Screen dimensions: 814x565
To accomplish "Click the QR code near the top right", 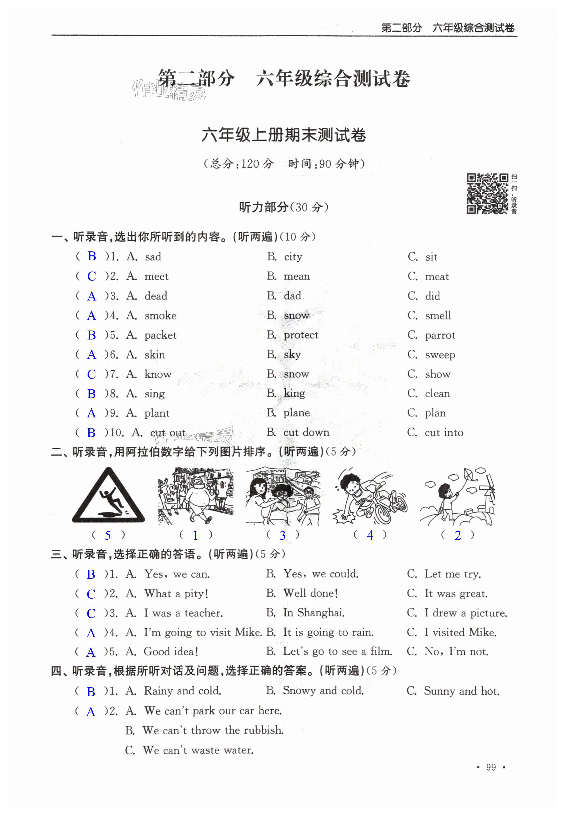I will pyautogui.click(x=487, y=193).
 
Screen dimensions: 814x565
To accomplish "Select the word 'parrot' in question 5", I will pyautogui.click(x=440, y=335).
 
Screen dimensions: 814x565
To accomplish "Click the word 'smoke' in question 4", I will pyautogui.click(x=160, y=315).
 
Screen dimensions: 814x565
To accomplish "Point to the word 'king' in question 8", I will pyautogui.click(x=294, y=394).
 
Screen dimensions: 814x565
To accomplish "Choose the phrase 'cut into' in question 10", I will pyautogui.click(x=444, y=433).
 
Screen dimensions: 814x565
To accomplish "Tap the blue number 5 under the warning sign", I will pyautogui.click(x=108, y=536).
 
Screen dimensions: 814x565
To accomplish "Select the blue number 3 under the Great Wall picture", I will pyautogui.click(x=283, y=536).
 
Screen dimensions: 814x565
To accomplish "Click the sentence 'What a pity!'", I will pyautogui.click(x=176, y=594).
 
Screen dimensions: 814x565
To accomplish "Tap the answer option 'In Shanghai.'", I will pyautogui.click(x=314, y=613).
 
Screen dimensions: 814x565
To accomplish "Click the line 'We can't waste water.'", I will pyautogui.click(x=198, y=750).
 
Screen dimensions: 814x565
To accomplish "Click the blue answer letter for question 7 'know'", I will pyautogui.click(x=91, y=374).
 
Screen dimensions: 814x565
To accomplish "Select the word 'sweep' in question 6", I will pyautogui.click(x=440, y=355).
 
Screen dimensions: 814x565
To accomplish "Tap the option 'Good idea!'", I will pyautogui.click(x=171, y=652).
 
